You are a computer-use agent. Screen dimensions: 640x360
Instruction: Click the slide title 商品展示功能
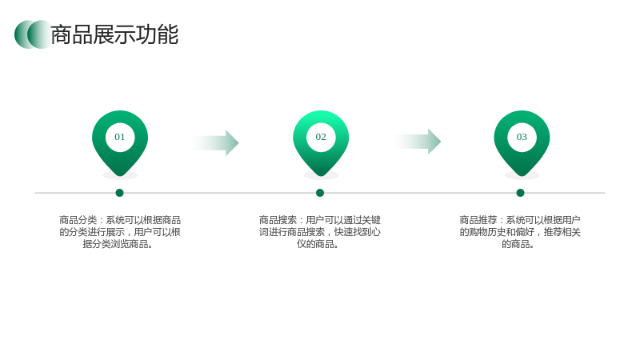114,34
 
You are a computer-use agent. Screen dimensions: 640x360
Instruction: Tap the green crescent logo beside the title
33,34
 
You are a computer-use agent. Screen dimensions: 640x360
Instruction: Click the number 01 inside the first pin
119,137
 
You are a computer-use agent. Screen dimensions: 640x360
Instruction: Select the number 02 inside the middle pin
321,137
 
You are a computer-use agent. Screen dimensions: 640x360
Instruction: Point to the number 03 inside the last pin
522,137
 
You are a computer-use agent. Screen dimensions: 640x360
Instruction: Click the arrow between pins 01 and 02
214,143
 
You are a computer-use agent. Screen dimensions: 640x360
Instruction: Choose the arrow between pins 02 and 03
416,142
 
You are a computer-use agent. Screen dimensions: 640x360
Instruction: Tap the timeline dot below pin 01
119,193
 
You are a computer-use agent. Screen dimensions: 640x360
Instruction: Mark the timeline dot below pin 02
320,193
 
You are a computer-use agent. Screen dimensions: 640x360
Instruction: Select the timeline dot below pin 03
521,193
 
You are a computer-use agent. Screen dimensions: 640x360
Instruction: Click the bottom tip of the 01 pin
120,176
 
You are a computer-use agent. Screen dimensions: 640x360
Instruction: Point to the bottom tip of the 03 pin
522,176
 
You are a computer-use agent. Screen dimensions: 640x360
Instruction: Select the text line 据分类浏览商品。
118,244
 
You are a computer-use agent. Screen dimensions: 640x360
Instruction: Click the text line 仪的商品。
318,244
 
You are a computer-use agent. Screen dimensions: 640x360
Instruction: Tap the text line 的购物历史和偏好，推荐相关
520,232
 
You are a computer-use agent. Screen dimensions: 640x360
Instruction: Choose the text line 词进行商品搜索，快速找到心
319,232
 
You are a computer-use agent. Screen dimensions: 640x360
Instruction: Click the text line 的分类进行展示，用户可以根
120,232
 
